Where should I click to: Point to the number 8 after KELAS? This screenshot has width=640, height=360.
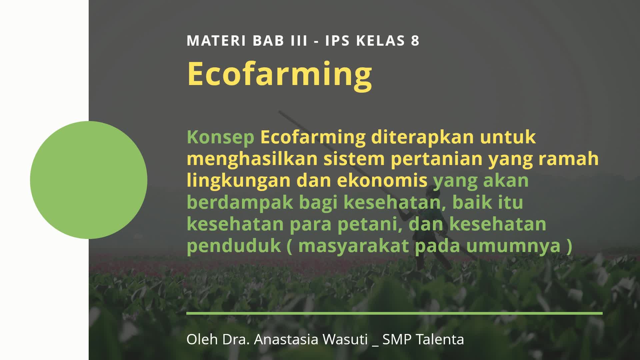point(415,41)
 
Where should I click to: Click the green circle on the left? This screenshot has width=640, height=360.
point(89,180)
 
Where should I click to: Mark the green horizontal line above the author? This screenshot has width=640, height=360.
point(394,313)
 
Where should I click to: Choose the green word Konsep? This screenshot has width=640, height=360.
point(220,137)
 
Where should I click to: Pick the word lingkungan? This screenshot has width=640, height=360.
point(239,181)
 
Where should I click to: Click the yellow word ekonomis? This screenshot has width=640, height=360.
point(382,180)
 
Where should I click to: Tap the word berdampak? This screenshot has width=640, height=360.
point(240,202)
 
